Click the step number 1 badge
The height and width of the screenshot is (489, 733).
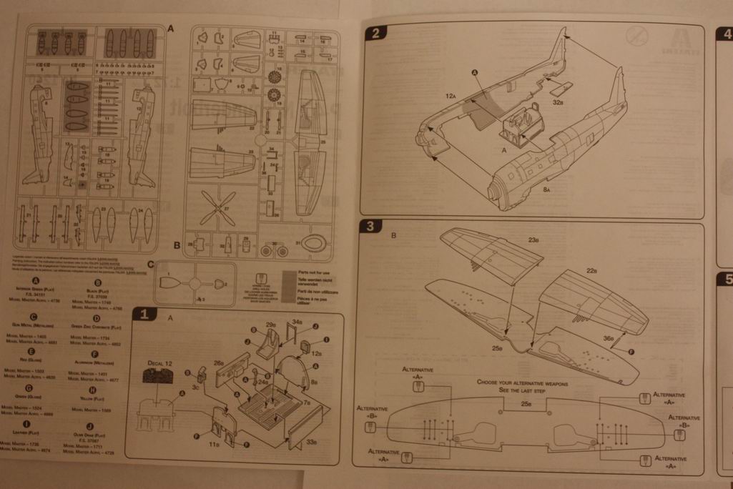tap(142, 315)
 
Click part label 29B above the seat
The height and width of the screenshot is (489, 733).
tap(271, 325)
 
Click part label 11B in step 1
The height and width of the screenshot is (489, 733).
tap(214, 445)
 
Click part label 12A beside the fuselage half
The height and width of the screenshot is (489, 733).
tap(450, 94)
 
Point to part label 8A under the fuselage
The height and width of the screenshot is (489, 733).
tap(546, 190)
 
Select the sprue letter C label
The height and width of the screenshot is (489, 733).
tap(149, 264)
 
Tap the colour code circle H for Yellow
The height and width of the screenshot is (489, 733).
tap(94, 390)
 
